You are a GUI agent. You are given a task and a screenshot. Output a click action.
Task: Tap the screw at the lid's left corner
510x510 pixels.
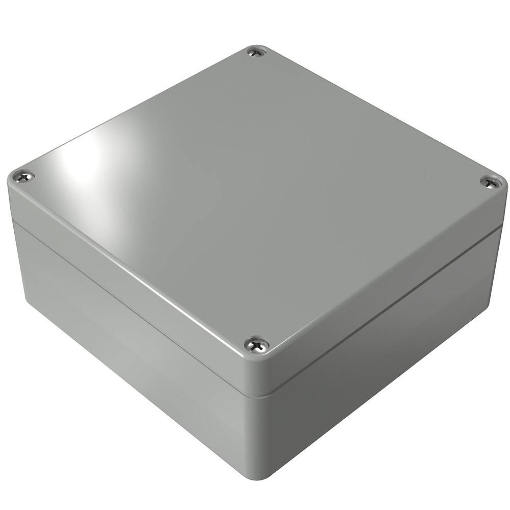pos(24,176)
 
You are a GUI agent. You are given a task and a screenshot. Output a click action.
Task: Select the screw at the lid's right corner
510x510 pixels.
pos(490,182)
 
